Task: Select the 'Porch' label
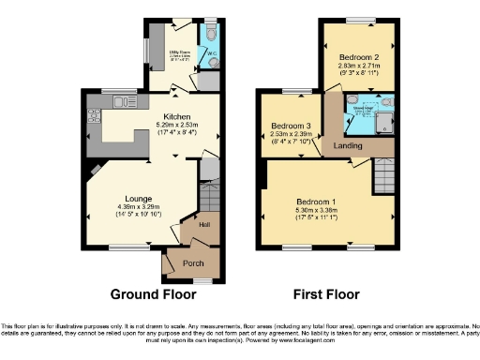tap(193, 263)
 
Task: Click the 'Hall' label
tap(202, 225)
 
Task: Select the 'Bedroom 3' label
tap(290, 126)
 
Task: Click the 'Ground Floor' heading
tap(153, 293)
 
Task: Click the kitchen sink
tap(120, 100)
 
